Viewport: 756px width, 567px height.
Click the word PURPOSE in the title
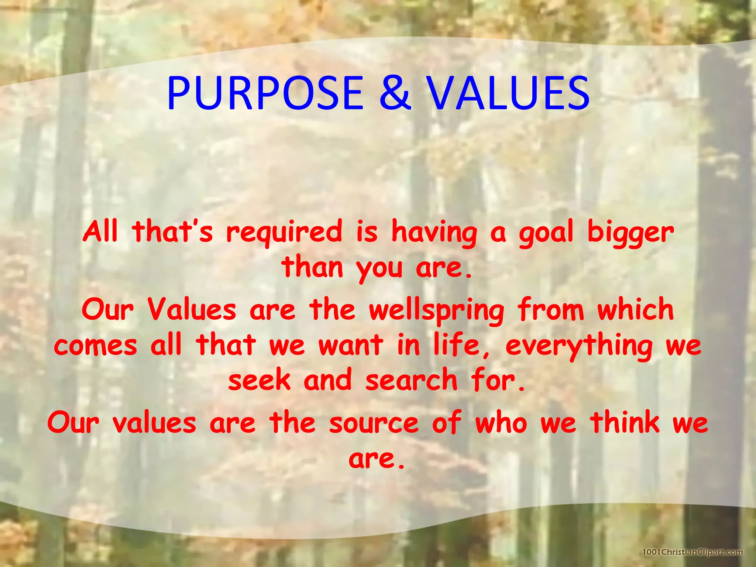pos(265,93)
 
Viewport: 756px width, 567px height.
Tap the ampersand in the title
pos(395,93)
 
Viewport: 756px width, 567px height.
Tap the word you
pos(379,269)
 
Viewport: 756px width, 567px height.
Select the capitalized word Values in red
pos(192,309)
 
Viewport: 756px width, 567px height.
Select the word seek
pos(260,380)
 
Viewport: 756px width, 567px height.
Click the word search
pos(411,380)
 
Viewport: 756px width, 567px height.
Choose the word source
pos(374,423)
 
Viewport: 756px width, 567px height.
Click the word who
pos(501,422)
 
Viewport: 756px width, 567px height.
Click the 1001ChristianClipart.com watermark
pos(693,552)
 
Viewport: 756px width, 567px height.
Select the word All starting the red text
pos(100,232)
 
